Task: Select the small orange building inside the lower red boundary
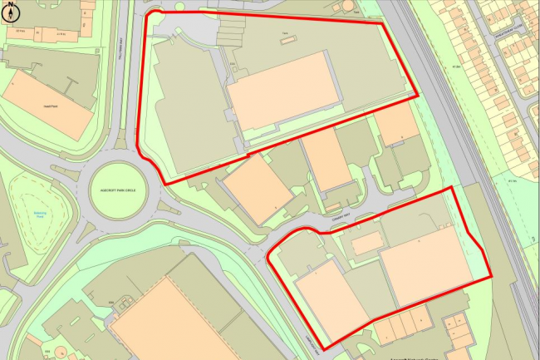[366, 243]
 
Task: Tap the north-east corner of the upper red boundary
[383, 24]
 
